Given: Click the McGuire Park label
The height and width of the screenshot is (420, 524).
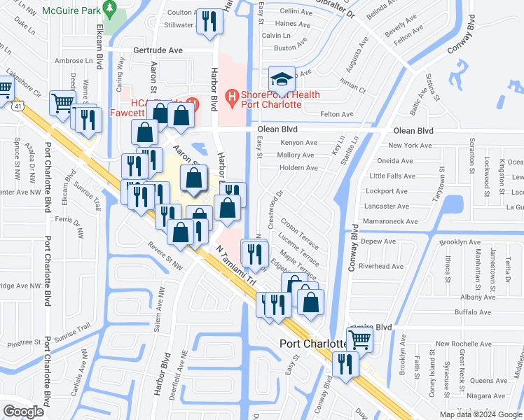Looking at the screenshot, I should coord(72,11).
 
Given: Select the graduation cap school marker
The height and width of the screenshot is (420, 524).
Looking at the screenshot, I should coord(282,78).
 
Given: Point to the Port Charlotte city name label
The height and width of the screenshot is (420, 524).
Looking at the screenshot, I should coord(314,344).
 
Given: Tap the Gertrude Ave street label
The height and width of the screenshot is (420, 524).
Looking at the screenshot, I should coord(158,50).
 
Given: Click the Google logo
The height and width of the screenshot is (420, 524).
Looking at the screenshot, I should coord(23,412).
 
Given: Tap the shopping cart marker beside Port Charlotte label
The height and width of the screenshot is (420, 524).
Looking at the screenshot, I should coord(359,340).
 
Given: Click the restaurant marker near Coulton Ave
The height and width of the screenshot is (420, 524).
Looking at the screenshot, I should coord(209,22).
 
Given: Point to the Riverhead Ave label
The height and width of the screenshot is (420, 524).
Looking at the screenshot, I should coord(381,266).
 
